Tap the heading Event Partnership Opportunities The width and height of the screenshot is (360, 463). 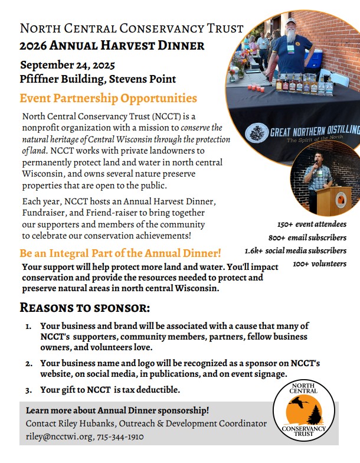109,99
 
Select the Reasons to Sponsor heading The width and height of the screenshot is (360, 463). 85,308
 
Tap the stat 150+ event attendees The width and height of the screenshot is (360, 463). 312,224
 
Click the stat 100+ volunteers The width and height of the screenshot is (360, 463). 319,263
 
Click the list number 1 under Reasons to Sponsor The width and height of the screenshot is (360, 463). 28,326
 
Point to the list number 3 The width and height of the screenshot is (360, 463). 28,390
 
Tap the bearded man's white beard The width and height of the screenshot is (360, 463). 290,35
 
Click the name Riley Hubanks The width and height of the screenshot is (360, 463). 86,423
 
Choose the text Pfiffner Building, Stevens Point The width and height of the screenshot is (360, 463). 98,79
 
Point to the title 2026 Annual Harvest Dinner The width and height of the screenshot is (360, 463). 112,45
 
